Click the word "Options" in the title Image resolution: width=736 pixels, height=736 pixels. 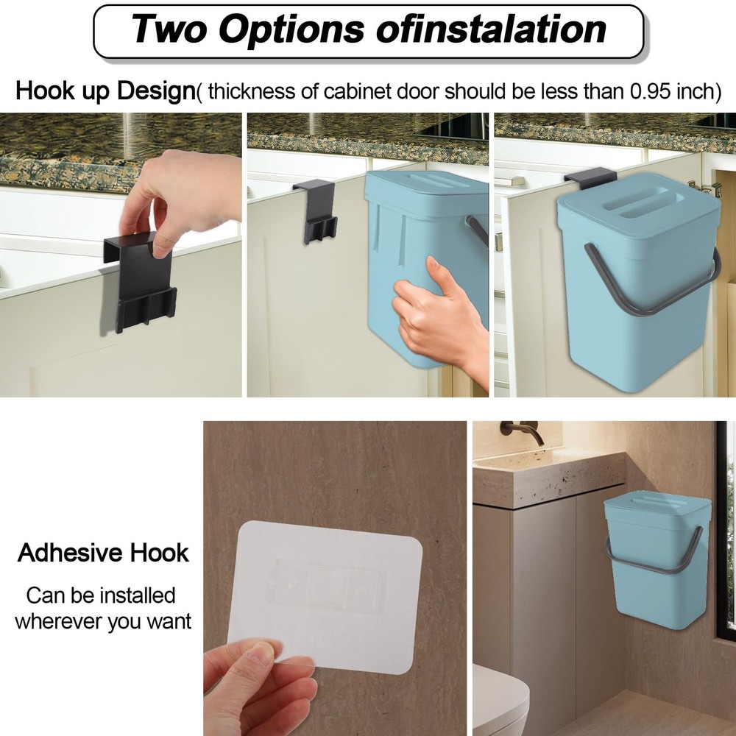[291, 29]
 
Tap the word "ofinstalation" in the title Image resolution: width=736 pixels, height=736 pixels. [491, 29]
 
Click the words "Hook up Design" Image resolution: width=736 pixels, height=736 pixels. [105, 91]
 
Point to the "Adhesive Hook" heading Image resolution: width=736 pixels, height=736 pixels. [103, 553]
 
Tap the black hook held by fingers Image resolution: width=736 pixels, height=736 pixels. [141, 282]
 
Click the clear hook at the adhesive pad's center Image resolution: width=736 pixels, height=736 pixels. [328, 586]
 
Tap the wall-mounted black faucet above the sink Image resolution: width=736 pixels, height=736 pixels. [522, 430]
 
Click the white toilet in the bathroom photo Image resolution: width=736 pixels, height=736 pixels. [498, 704]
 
